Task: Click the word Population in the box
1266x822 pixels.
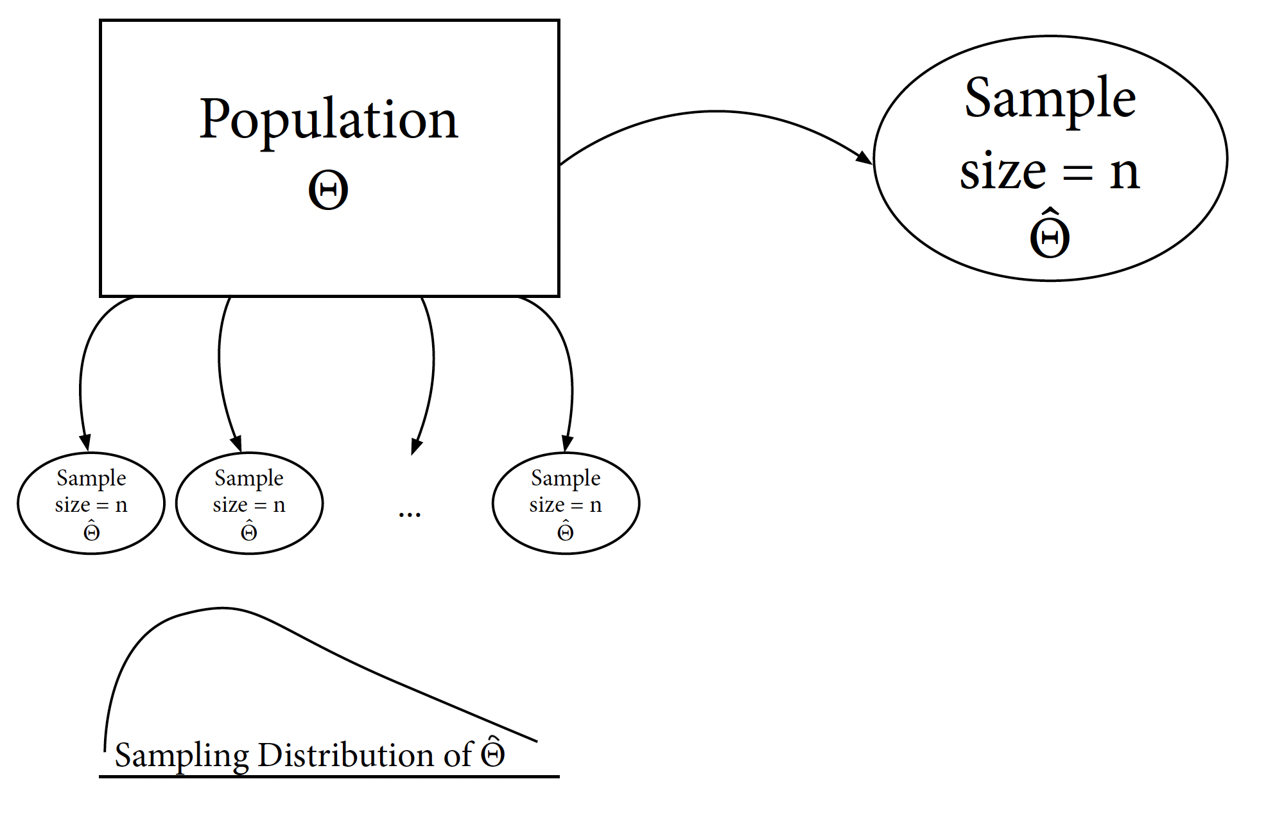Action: (x=329, y=120)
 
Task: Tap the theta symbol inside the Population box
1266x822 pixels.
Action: (x=328, y=191)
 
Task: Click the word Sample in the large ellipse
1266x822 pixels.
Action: (x=1050, y=100)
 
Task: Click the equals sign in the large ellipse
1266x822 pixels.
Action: (x=1077, y=173)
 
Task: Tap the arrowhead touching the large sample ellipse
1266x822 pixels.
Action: (x=864, y=157)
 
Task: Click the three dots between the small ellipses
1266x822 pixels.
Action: (x=410, y=514)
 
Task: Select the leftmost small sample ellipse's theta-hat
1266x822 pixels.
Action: (x=92, y=531)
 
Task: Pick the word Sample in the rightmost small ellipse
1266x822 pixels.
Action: (x=566, y=478)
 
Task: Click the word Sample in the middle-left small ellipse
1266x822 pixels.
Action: (x=249, y=478)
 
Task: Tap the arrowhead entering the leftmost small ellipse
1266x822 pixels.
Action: (x=85, y=442)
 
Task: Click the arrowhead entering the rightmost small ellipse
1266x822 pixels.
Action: (x=567, y=443)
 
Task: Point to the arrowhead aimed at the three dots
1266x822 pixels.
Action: (x=416, y=446)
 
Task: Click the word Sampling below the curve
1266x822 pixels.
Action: (x=182, y=756)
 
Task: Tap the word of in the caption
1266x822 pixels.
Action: (x=458, y=755)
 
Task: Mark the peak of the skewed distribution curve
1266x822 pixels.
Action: (x=221, y=608)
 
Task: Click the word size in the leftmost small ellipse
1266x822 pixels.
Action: (x=72, y=505)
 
